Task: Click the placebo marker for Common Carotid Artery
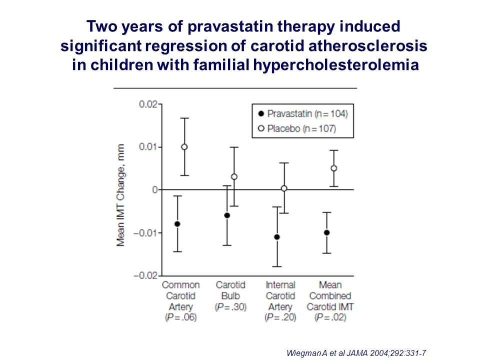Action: (184, 147)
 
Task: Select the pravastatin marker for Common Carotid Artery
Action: (177, 223)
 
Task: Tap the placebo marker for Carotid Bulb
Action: (234, 176)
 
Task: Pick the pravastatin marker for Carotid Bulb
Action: (227, 215)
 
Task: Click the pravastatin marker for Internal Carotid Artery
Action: (277, 237)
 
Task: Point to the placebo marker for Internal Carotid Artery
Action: (284, 188)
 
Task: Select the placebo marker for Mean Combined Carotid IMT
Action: (334, 168)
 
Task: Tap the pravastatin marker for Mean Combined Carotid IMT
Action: (327, 232)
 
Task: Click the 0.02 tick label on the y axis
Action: (147, 104)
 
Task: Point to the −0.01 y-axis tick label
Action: (145, 233)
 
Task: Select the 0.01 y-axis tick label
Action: (147, 147)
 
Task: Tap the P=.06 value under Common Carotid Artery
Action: (180, 317)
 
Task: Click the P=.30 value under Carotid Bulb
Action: (230, 307)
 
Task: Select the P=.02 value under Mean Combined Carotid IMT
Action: (330, 317)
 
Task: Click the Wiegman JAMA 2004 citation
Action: (355, 352)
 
